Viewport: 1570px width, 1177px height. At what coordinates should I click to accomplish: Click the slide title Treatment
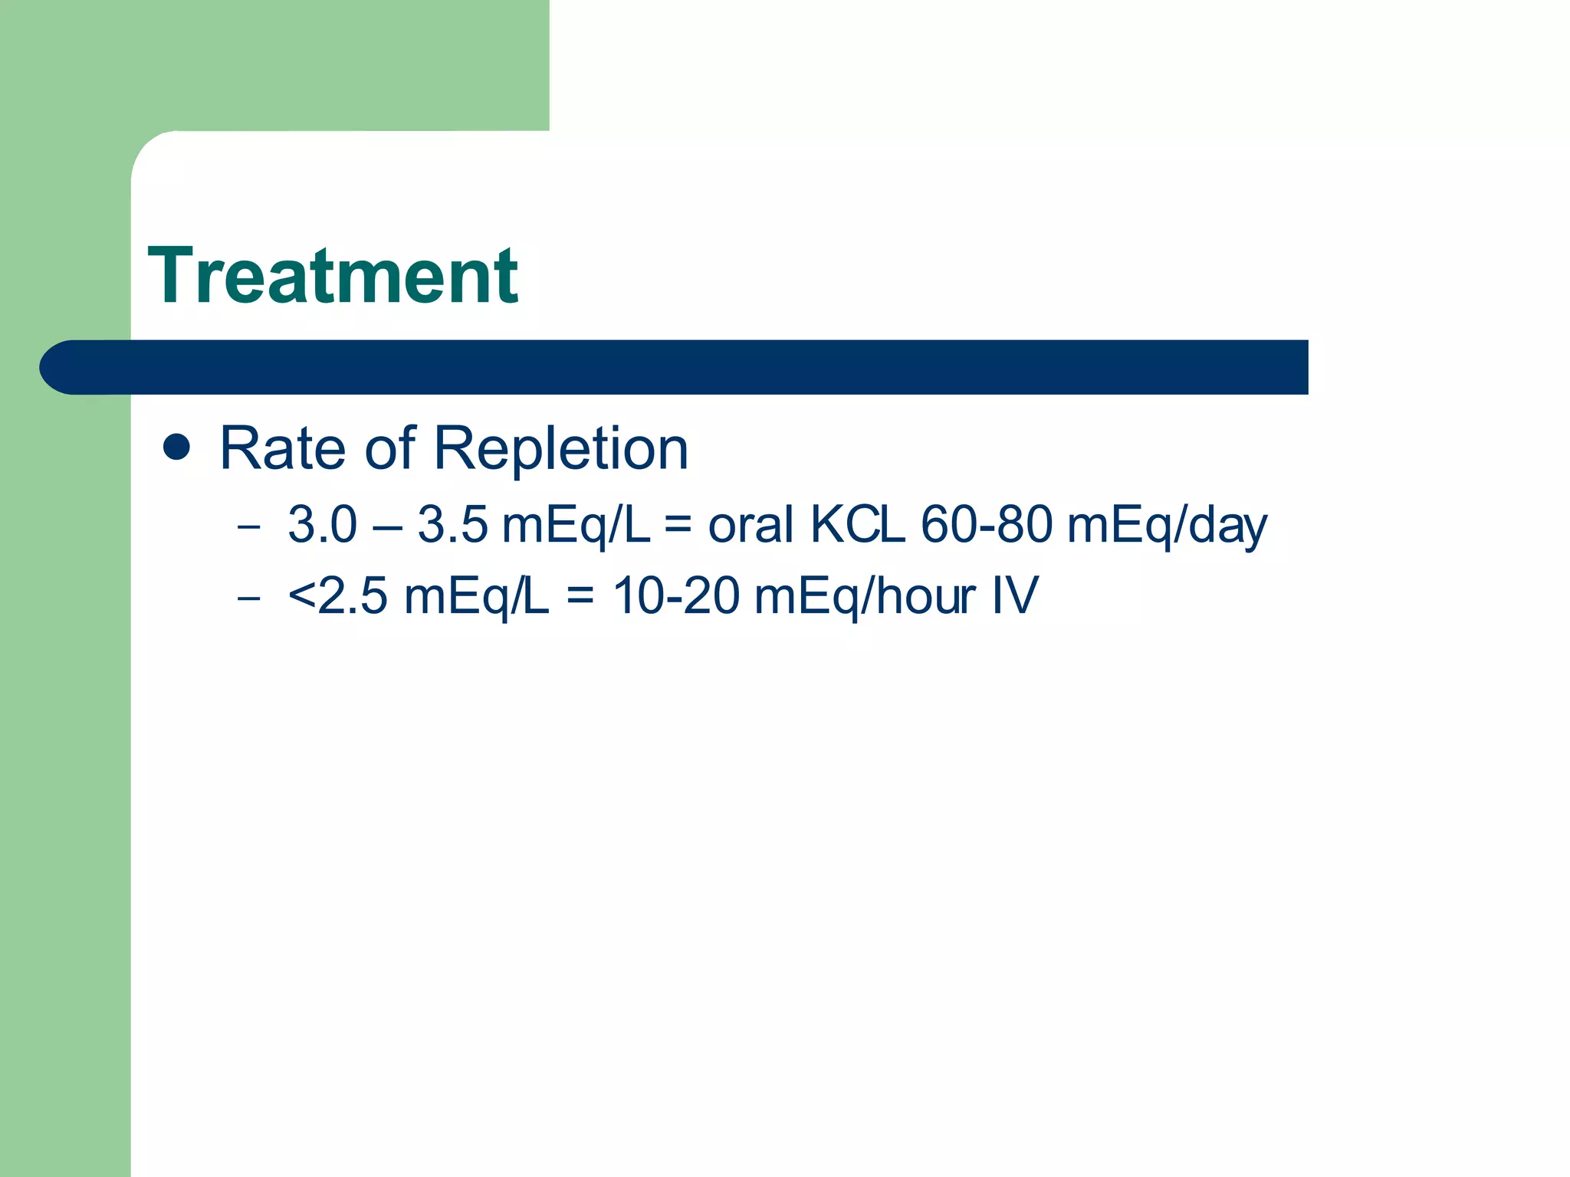(x=333, y=276)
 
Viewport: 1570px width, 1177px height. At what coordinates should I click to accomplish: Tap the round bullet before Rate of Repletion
(x=177, y=448)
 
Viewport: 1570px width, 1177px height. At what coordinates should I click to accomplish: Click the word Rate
(x=282, y=448)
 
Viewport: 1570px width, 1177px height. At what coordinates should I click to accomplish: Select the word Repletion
(x=561, y=448)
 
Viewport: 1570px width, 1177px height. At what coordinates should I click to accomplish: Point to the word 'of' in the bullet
(x=389, y=448)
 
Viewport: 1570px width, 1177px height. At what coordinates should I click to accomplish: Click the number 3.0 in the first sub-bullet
(x=323, y=525)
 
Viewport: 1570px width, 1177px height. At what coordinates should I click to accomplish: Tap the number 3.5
(x=452, y=525)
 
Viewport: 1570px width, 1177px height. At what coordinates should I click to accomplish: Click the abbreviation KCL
(x=857, y=525)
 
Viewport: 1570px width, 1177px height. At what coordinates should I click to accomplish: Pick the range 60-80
(x=987, y=525)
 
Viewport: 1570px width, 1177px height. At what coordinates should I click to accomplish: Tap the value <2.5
(x=338, y=596)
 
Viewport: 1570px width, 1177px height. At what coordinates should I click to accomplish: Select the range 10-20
(x=676, y=596)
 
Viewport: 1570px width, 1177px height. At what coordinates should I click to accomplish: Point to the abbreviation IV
(x=1015, y=596)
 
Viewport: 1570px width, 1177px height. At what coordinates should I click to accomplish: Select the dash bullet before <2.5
(x=248, y=598)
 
